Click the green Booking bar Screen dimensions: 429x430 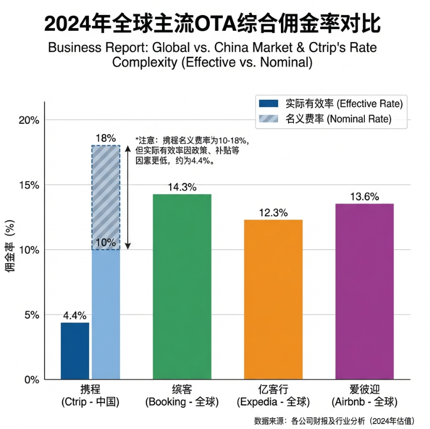182,286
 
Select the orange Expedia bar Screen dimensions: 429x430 273,299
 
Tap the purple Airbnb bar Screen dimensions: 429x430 364,291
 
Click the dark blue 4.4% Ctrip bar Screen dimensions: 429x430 75,350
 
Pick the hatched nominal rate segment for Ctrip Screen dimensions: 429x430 105,197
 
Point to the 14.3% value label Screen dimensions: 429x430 182,187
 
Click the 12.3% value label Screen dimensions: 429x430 273,213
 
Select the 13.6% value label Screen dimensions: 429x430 364,197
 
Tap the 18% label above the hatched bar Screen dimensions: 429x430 105,139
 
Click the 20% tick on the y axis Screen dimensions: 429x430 29,120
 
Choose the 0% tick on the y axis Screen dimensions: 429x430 31,379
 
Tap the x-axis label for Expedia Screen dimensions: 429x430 273,395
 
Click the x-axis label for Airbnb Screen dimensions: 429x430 364,395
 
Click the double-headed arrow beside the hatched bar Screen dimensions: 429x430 127,197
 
